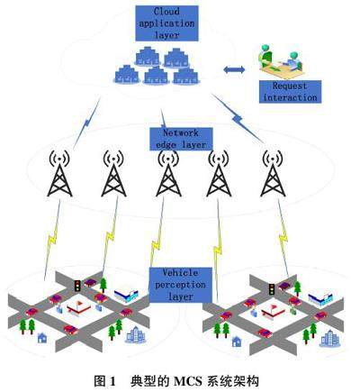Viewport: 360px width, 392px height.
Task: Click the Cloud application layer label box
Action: pos(166,23)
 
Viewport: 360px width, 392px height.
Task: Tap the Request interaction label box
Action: pos(290,92)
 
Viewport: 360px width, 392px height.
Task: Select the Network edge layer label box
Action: pos(181,139)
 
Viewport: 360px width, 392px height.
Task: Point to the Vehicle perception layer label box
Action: pos(181,285)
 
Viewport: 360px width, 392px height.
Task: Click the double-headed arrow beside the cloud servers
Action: pos(234,69)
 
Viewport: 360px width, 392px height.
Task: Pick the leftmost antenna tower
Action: pos(59,173)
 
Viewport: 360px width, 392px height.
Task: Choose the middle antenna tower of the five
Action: pos(168,173)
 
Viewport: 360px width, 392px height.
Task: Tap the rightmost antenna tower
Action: pos(273,173)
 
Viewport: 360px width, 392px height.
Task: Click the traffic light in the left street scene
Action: pos(77,286)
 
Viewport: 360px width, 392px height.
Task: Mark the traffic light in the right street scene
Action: pos(272,289)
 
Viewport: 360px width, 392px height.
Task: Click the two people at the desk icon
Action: pos(281,61)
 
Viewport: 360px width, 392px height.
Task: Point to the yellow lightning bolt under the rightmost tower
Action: pos(283,237)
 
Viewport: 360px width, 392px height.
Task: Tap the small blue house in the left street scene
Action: pos(42,338)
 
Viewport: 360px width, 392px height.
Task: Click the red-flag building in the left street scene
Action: pos(78,307)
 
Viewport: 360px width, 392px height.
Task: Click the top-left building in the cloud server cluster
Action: pos(147,56)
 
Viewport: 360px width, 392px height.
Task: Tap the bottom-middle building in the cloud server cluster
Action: pos(156,75)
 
